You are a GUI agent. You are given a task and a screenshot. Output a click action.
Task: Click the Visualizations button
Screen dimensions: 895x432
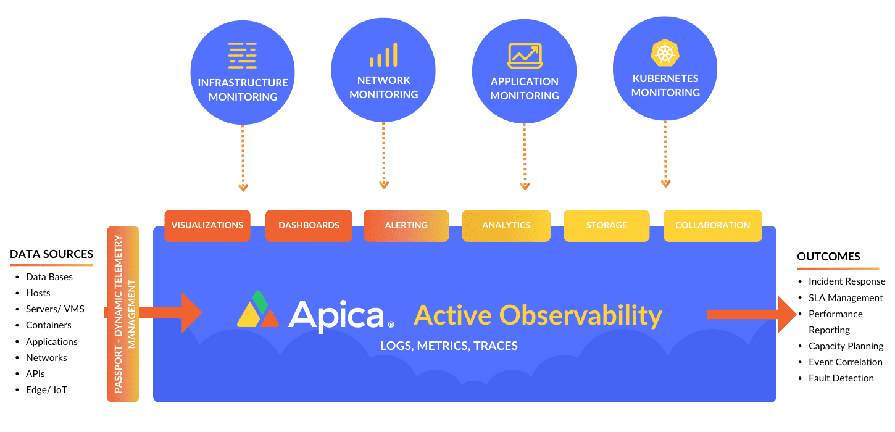(x=207, y=225)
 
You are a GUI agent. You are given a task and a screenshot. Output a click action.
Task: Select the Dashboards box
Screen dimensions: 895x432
(x=309, y=225)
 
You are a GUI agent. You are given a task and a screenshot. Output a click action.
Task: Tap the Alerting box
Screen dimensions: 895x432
(x=406, y=225)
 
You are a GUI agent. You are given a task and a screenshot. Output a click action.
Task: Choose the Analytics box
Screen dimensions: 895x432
(x=506, y=225)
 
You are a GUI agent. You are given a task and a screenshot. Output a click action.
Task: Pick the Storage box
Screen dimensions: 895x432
(x=607, y=225)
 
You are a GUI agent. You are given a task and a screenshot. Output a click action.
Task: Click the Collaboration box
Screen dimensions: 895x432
(x=713, y=225)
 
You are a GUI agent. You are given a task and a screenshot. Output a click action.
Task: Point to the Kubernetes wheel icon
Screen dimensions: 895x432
(x=665, y=52)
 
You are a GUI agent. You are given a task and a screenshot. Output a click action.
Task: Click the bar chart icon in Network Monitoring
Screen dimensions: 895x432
(x=383, y=55)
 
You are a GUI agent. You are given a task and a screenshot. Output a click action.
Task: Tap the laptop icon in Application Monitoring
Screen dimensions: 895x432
(x=525, y=56)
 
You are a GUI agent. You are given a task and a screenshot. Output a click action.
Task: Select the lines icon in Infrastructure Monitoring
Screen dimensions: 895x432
(x=243, y=56)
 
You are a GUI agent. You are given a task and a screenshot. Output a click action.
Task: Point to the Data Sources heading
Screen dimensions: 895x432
(x=52, y=254)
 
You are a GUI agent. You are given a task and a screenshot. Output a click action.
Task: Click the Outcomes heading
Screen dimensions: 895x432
(x=829, y=257)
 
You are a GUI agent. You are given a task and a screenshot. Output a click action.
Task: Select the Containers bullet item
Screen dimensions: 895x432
(x=48, y=325)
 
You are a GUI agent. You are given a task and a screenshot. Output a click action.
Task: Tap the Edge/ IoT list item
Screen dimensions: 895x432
(x=46, y=390)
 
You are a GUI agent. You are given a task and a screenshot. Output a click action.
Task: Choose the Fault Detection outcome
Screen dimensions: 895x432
(x=841, y=378)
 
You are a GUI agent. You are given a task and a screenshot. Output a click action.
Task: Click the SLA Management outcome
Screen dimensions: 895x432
(x=846, y=297)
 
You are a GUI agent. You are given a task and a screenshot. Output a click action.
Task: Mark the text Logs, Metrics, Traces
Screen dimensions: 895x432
(x=449, y=346)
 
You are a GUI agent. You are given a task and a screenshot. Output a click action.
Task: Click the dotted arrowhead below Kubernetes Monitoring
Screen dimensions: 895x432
(x=665, y=183)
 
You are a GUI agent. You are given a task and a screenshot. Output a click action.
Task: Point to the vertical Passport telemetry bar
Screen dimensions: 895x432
(x=123, y=314)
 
